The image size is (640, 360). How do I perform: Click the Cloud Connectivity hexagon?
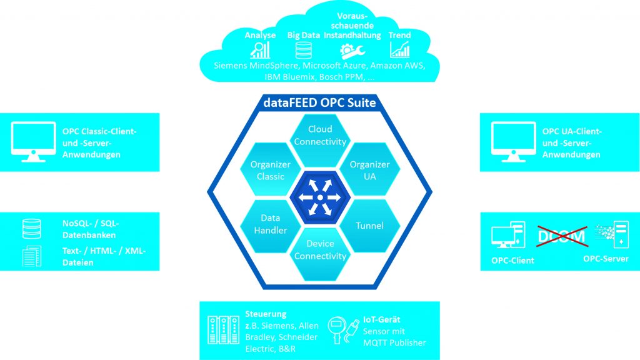click(320, 136)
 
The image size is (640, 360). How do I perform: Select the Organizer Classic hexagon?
click(271, 170)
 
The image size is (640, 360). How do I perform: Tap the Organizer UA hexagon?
click(369, 170)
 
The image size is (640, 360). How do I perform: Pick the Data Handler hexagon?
click(271, 224)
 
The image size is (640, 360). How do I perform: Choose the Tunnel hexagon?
click(369, 224)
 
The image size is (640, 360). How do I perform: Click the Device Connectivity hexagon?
click(320, 250)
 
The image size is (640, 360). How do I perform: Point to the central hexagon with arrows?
click(319, 197)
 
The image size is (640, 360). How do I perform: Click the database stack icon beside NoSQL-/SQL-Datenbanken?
click(31, 229)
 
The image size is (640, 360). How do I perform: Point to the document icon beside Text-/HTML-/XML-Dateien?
click(32, 256)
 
